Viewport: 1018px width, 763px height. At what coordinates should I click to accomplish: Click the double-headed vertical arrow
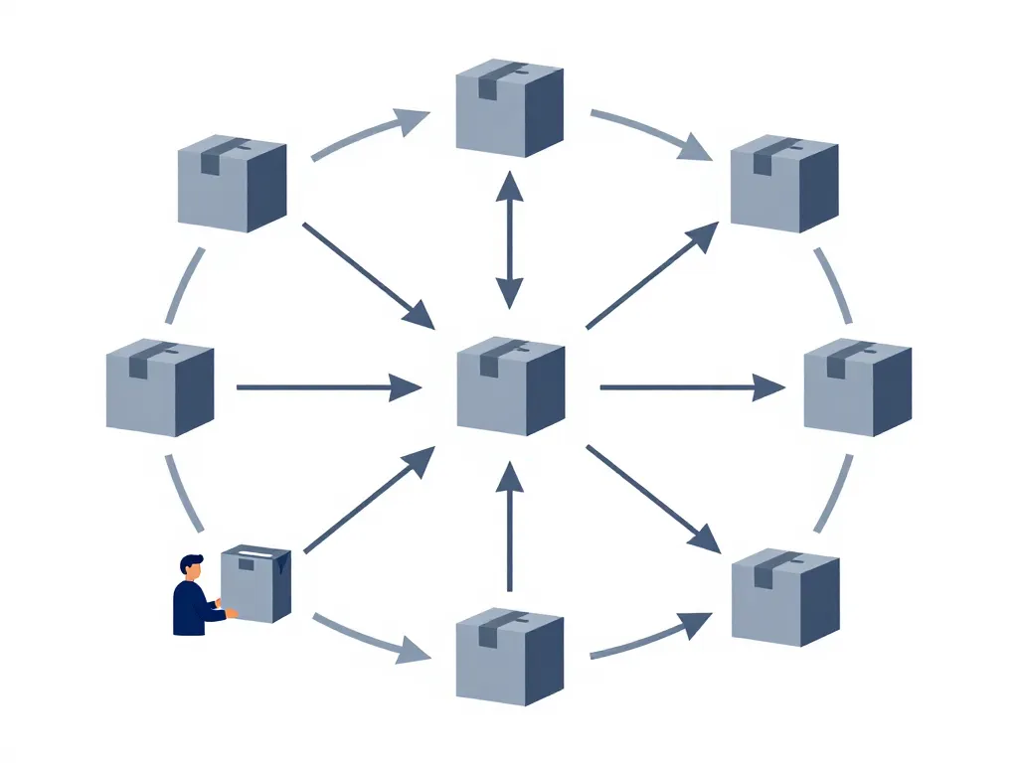(509, 239)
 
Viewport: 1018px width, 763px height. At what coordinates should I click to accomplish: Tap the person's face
(190, 572)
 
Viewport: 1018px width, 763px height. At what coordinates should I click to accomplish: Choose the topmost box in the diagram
(509, 107)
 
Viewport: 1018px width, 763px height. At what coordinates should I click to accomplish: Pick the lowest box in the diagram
(509, 658)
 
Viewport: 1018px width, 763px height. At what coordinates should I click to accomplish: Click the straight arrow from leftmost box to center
(328, 387)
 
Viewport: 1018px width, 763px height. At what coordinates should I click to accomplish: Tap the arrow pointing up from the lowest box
(509, 527)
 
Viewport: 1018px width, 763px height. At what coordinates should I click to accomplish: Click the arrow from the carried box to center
(368, 501)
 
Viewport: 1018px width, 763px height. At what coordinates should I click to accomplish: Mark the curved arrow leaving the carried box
(368, 640)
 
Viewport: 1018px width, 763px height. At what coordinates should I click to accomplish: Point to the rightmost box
(857, 387)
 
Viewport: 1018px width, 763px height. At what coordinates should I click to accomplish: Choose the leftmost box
(159, 387)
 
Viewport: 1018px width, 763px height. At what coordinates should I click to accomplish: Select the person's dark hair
(191, 561)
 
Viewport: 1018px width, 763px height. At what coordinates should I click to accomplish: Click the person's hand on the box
(232, 614)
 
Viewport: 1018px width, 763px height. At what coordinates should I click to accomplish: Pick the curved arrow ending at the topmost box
(368, 134)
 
